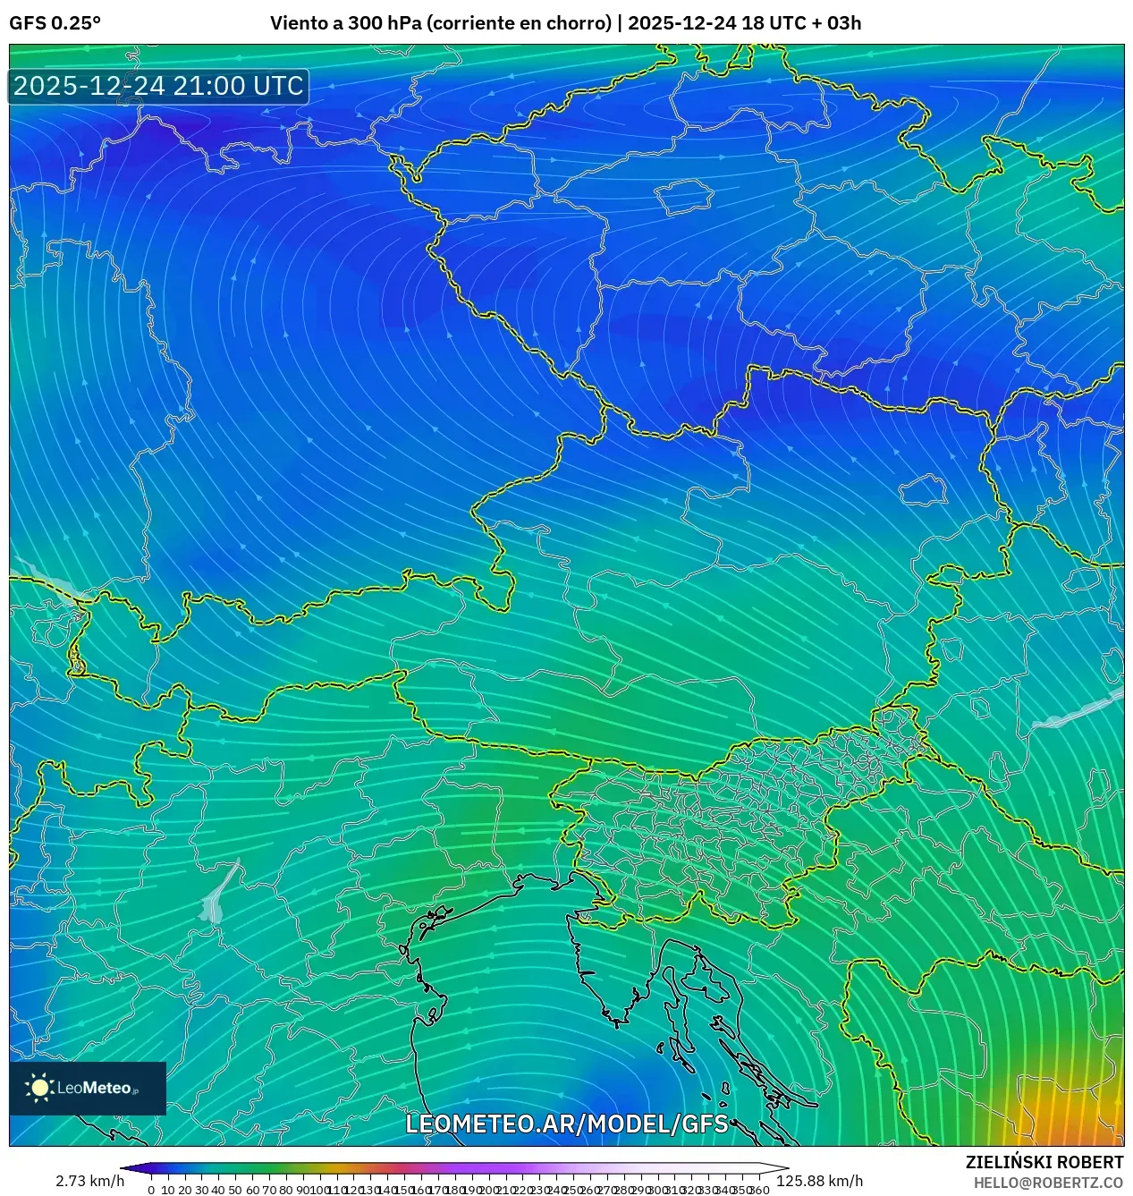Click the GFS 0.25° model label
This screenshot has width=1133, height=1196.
pyautogui.click(x=55, y=23)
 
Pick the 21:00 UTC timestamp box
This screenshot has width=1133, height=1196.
pyautogui.click(x=158, y=86)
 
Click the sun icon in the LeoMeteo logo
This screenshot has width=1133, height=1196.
pyautogui.click(x=40, y=1088)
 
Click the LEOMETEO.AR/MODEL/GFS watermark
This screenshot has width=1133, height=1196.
pyautogui.click(x=567, y=1124)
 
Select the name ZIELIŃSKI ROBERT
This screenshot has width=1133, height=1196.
pyautogui.click(x=1044, y=1162)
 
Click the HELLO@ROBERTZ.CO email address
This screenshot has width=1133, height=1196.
pyautogui.click(x=1048, y=1183)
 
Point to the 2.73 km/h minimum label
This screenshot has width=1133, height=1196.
pyautogui.click(x=89, y=1181)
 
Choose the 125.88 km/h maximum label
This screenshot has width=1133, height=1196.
pyautogui.click(x=820, y=1181)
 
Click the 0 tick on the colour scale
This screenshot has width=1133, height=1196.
pyautogui.click(x=151, y=1190)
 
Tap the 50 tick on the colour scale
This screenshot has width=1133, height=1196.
pyautogui.click(x=234, y=1190)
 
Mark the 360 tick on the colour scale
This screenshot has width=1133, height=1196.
pyautogui.click(x=759, y=1190)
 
